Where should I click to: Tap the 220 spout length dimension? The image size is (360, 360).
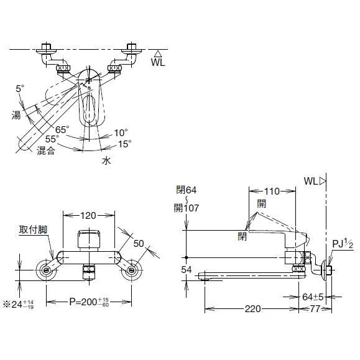click(x=252, y=308)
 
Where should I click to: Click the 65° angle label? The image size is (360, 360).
click(x=62, y=129)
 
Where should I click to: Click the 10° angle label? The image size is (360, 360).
click(x=121, y=132)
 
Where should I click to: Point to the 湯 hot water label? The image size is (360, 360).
click(x=16, y=114)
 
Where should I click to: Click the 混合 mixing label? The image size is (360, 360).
click(x=46, y=150)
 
